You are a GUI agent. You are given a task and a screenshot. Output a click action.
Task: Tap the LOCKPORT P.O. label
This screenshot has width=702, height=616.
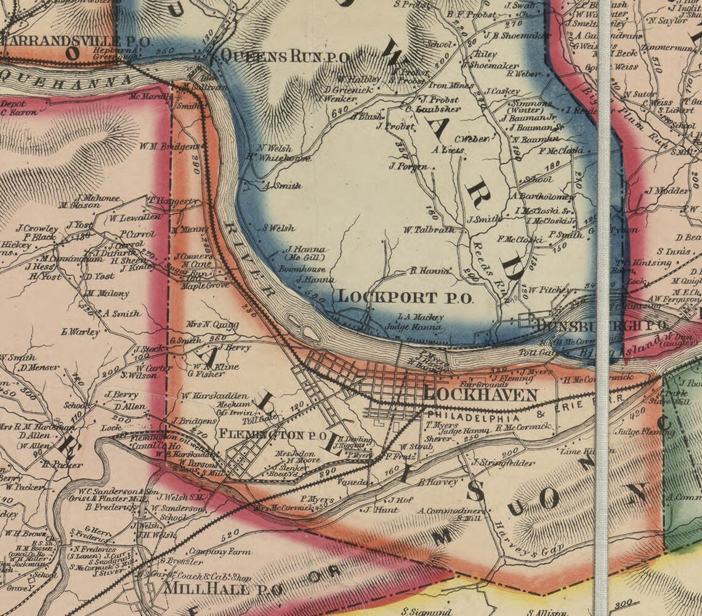pos(405,297)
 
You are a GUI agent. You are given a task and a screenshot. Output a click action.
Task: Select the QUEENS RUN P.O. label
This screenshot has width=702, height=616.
pos(284,57)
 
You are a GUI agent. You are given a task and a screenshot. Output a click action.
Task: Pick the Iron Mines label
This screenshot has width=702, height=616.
pos(451,86)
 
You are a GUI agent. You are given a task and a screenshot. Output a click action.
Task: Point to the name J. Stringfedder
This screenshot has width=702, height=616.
pos(502,462)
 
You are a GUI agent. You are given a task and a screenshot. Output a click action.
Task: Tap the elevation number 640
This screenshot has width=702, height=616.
pos(339,113)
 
